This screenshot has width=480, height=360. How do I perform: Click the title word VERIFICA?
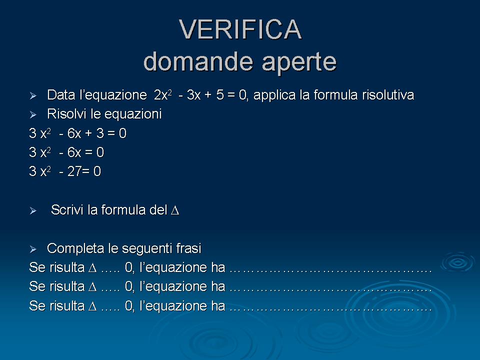click(240, 29)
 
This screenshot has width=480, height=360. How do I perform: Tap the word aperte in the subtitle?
click(299, 62)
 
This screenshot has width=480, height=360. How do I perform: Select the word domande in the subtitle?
click(198, 60)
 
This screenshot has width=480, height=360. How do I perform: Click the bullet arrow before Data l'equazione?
click(33, 96)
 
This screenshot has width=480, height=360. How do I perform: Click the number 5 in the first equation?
click(220, 95)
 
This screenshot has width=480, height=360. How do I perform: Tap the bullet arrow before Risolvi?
click(33, 115)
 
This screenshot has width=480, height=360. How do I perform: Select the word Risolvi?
click(66, 114)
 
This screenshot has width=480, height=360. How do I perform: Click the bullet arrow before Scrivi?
click(33, 210)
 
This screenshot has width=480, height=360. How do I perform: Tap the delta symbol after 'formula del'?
click(175, 210)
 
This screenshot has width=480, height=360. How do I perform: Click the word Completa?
click(75, 248)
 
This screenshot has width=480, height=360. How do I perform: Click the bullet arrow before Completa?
click(33, 249)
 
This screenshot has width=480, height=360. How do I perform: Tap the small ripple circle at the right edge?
click(458, 262)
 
